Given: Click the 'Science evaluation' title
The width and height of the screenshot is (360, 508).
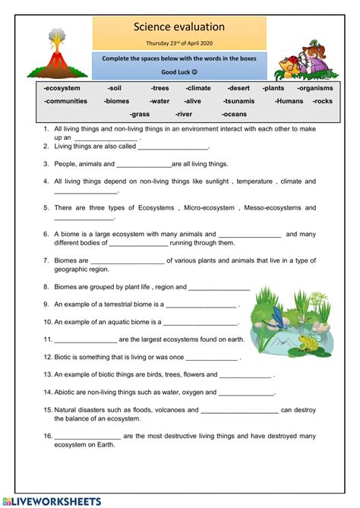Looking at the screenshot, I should click(x=179, y=27).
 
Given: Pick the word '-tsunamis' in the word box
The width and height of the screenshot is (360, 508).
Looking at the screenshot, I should click(x=242, y=100).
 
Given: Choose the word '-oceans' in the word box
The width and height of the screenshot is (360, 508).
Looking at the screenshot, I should click(x=234, y=114).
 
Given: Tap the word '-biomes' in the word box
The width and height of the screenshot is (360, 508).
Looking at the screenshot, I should click(x=117, y=100).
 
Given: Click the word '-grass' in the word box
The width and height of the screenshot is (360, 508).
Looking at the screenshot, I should click(x=139, y=114).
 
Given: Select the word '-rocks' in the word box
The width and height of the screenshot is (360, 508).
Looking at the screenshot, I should click(x=322, y=100).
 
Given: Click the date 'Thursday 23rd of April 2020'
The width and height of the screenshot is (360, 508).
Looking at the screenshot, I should click(x=179, y=43).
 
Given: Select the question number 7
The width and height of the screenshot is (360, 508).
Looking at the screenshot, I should click(x=46, y=260).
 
